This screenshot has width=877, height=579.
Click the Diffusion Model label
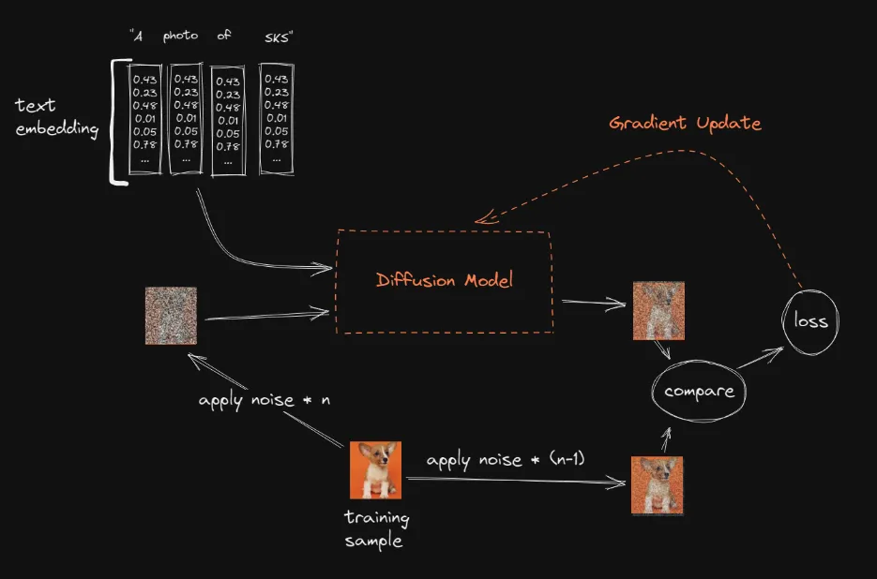pos(444,280)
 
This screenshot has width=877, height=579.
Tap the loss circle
pos(810,320)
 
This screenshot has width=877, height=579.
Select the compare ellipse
pos(699,391)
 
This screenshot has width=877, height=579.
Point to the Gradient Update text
pos(685,124)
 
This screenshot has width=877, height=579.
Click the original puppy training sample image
pos(375,469)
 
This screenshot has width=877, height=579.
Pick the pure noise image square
pos(171,316)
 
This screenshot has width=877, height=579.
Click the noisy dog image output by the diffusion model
pos(658,310)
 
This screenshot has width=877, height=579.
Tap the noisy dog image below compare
pos(657,485)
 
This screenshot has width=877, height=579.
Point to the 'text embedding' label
pos(56,117)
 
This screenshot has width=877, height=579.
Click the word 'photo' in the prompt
pos(180,37)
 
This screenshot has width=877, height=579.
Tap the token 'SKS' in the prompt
pos(279,37)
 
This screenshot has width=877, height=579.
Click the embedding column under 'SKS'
pos(276,118)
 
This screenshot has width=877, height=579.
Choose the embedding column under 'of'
pos(227,120)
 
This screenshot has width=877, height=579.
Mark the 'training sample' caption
pos(376,528)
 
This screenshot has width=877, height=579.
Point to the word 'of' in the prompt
pos(224,37)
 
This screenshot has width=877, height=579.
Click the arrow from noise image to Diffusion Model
pos(265,317)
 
